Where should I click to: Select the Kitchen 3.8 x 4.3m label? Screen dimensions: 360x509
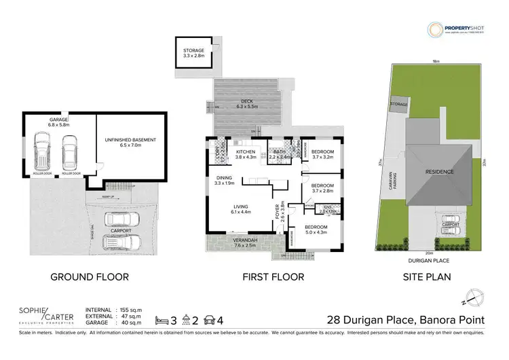246,155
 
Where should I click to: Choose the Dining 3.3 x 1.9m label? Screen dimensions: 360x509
224,180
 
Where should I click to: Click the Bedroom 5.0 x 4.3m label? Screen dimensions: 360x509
316,230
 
